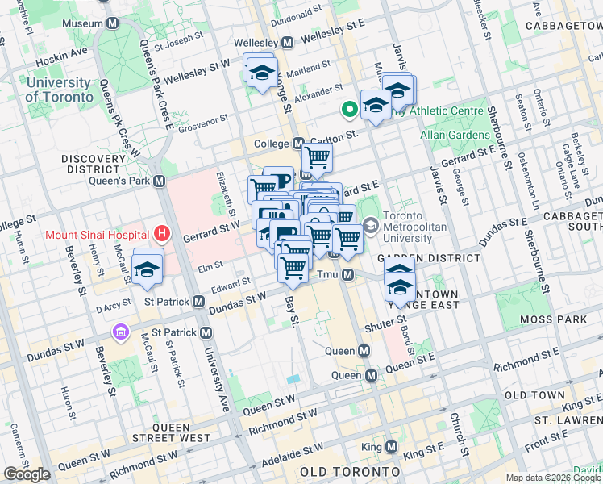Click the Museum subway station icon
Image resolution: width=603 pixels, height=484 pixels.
pos(110,23)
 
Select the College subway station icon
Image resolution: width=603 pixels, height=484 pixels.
pos(297,143)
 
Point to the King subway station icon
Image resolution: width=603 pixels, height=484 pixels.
pos(392,446)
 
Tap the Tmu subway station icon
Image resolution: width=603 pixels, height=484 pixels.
pos(348,276)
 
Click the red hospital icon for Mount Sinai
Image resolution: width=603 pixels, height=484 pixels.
pos(163,235)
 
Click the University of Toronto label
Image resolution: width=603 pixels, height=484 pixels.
pos(59,90)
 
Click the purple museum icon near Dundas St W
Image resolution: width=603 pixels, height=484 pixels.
pos(121,332)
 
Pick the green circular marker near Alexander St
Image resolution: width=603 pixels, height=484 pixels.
pos(350,109)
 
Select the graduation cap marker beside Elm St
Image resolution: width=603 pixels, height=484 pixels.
pos(148,269)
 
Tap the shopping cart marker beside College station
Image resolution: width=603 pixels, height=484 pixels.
pos(318,158)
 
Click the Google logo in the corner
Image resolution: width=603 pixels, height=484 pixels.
pos(27,474)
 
